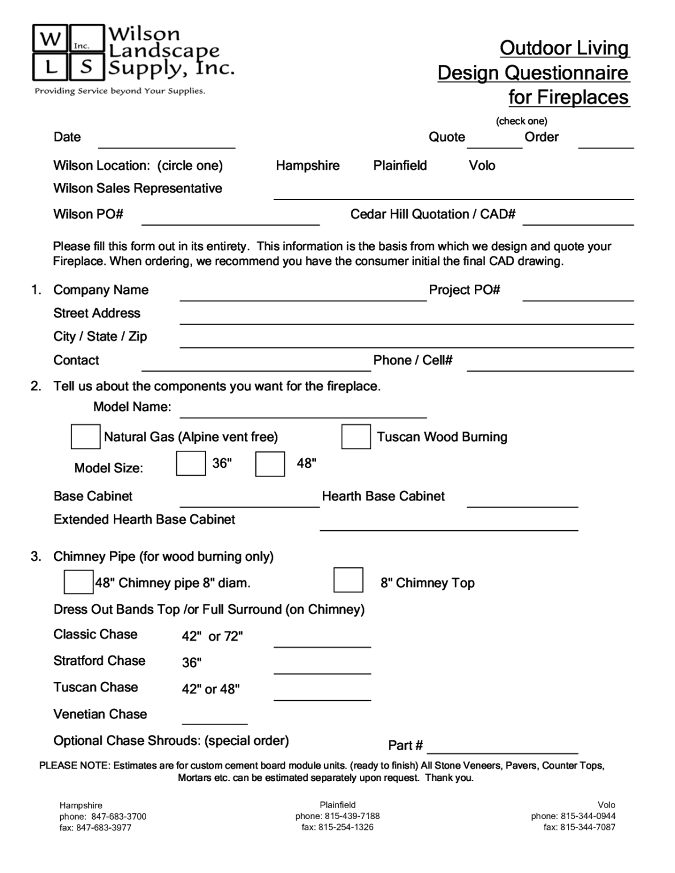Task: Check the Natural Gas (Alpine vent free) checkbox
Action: pos(85,436)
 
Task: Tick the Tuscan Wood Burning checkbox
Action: pos(356,436)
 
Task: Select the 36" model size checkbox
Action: pos(191,463)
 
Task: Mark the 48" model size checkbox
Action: pos(270,464)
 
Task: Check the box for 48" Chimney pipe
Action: pos(78,582)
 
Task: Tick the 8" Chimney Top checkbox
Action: pos(348,580)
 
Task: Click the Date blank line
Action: pos(167,142)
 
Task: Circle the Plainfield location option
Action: pos(400,165)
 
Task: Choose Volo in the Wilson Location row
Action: pos(482,165)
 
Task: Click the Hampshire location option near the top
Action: pos(308,165)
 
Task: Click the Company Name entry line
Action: pos(303,294)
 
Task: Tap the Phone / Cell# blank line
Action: pos(550,365)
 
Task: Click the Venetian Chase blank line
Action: pos(214,719)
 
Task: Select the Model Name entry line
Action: pos(303,412)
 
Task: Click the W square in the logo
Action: pos(51,39)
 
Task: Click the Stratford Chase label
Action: pos(100,660)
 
